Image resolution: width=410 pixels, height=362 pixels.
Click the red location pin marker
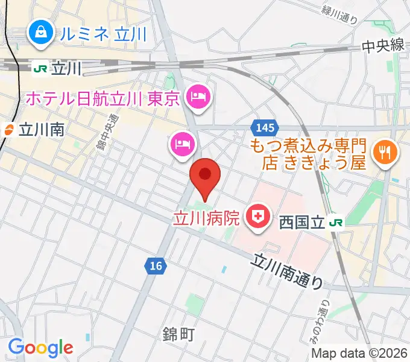pos(205,176)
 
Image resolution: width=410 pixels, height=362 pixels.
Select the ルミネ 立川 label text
pos(102,34)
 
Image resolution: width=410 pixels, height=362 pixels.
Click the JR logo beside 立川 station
pos(40,69)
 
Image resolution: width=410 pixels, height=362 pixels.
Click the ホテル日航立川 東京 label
pos(102,97)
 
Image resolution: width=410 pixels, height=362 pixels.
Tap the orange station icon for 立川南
pos(8,129)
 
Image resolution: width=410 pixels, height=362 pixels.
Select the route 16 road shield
pos(156,265)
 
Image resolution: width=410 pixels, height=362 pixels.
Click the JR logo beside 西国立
pos(336,223)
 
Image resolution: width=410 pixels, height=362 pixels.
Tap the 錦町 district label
pos(178,334)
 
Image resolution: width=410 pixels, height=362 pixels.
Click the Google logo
pos(41,348)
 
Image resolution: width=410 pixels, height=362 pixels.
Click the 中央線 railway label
pos(382,45)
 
